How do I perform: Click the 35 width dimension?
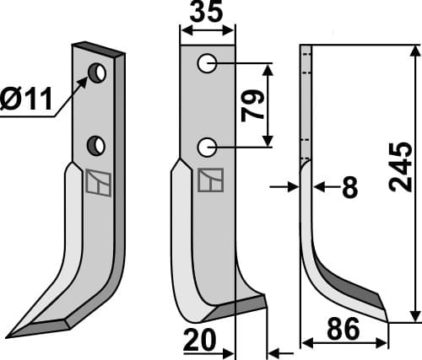tap(208, 14)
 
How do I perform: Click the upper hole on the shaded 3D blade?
tap(99, 74)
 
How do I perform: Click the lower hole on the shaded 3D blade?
tap(99, 146)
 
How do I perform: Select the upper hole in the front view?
tap(207, 63)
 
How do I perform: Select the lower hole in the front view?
tap(207, 148)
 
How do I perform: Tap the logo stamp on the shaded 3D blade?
tap(98, 184)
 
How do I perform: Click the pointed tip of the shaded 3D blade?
tap(10, 335)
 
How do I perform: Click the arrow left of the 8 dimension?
tap(285, 187)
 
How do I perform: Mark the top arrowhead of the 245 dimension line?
tap(414, 51)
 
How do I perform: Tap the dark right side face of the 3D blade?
tap(120, 169)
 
